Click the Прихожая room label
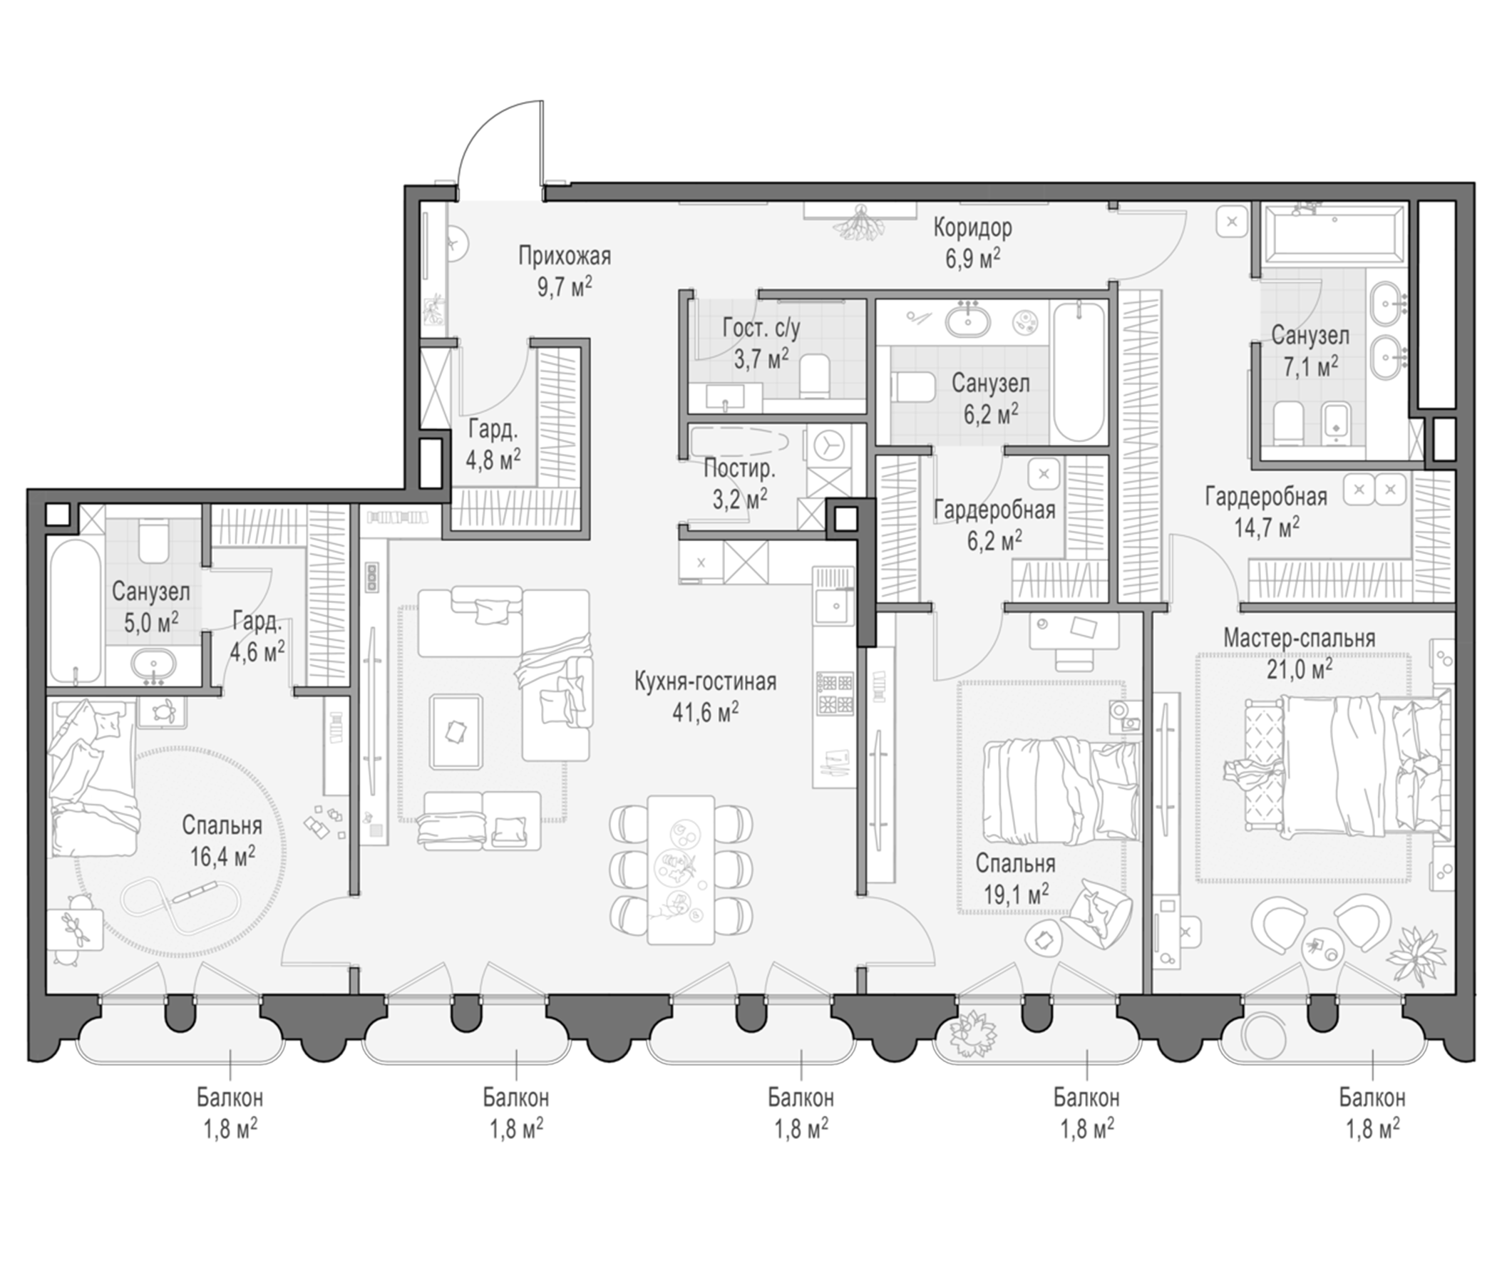coord(565,256)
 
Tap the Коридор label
coord(972,227)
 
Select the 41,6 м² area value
coord(705,713)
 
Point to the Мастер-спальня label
coord(1299,639)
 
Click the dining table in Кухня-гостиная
coord(681,870)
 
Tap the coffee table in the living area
coord(456,731)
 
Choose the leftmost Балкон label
coord(230,1098)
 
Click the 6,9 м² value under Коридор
coord(973,259)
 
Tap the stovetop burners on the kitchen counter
coord(835,692)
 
